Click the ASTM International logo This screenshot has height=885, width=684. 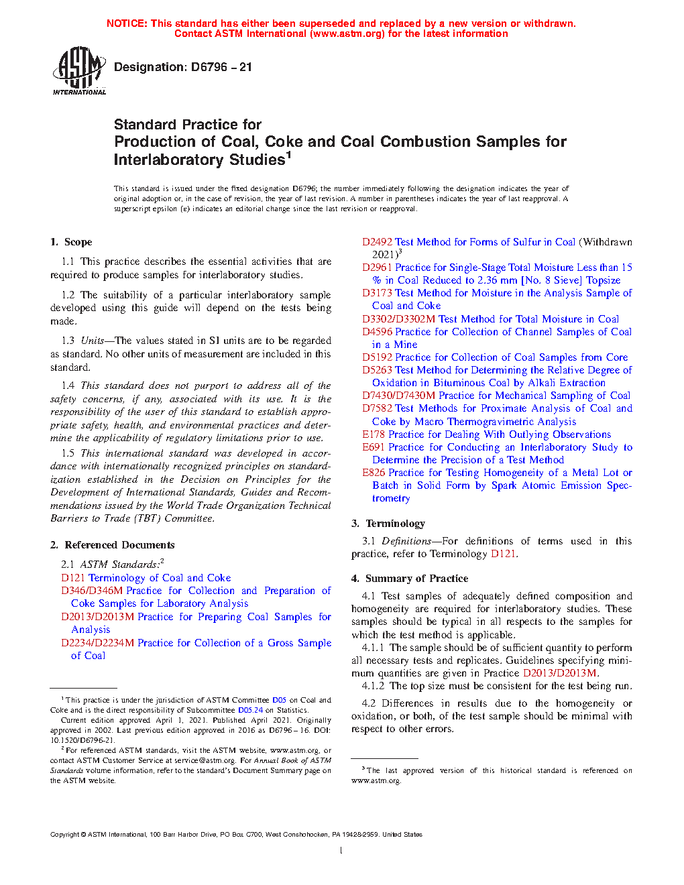click(79, 70)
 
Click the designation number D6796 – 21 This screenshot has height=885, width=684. click(221, 67)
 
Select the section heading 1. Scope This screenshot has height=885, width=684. click(72, 242)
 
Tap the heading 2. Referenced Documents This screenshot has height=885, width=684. click(113, 545)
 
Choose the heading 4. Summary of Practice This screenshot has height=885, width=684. click(410, 579)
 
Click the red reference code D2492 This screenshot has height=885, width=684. click(377, 242)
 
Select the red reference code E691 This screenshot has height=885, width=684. click(374, 447)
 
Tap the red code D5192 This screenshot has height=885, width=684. click(377, 357)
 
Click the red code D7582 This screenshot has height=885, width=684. click(377, 408)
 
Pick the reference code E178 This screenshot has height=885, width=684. click(374, 434)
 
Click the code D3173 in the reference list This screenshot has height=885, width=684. click(377, 293)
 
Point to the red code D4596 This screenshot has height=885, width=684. click(377, 332)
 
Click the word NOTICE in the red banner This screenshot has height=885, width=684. click(127, 23)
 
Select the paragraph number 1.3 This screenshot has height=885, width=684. click(68, 341)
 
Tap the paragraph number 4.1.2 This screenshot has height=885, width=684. click(373, 686)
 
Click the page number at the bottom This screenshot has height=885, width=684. click(341, 851)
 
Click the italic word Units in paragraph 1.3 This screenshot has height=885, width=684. click(93, 341)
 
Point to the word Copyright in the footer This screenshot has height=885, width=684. click(65, 835)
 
